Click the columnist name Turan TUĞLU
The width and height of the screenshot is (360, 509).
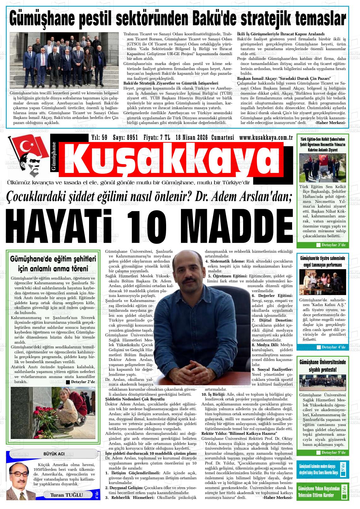(66, 495)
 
